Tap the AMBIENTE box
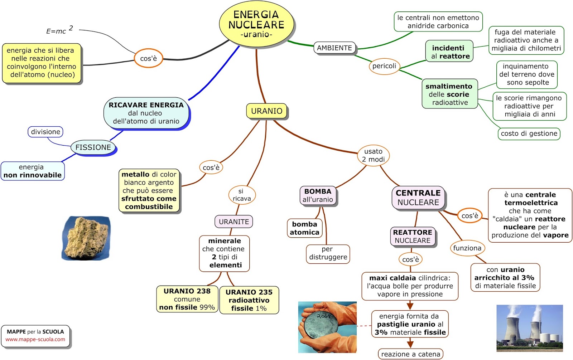click(334, 48)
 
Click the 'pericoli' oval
click(384, 66)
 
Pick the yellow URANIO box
click(266, 111)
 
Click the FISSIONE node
click(93, 147)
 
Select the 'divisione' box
click(45, 132)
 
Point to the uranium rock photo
click(86, 238)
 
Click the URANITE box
click(233, 222)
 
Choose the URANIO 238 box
click(187, 299)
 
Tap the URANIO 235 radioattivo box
click(249, 300)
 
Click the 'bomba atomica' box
click(304, 228)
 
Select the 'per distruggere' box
click(328, 253)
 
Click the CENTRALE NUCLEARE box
click(418, 198)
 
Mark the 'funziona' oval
click(467, 248)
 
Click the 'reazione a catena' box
click(410, 354)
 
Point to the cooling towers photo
click(529, 328)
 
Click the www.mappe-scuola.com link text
click(35, 340)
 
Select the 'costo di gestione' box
click(529, 133)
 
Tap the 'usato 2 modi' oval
click(373, 155)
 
